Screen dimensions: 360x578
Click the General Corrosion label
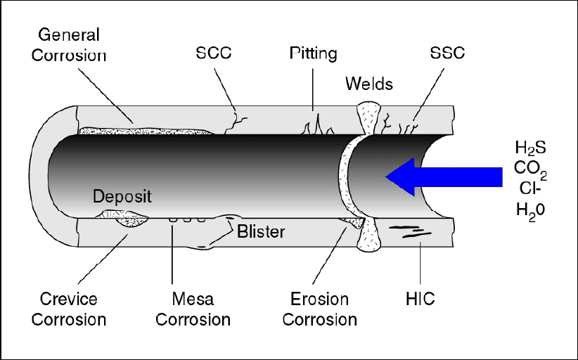68,44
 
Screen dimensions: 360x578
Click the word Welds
369,84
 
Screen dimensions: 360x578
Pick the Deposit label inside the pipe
122,195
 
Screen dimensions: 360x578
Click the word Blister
260,231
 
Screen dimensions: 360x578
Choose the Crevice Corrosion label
68,309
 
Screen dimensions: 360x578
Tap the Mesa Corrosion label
193,309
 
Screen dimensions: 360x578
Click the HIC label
420,299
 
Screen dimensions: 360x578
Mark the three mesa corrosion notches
187,219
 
